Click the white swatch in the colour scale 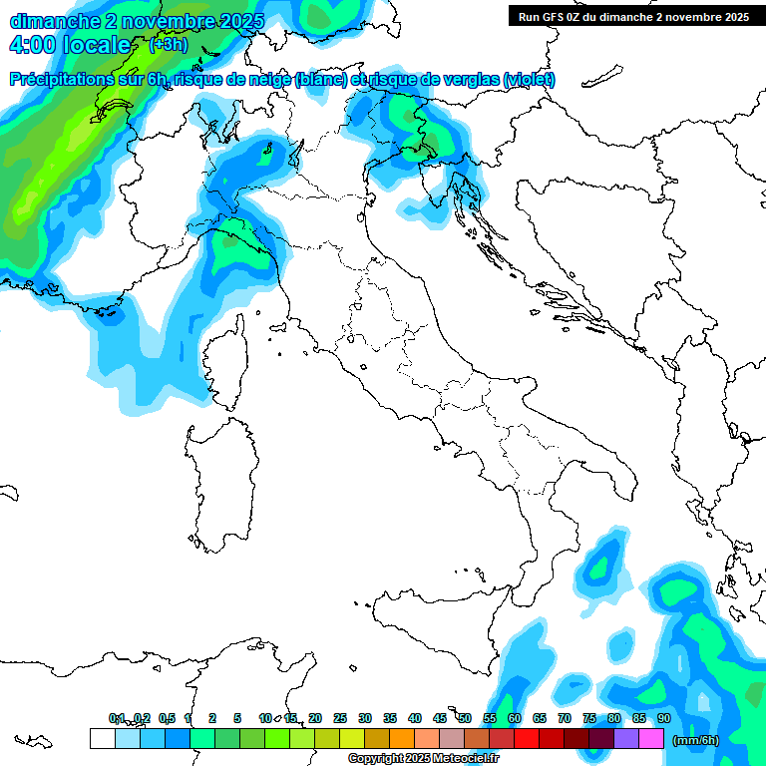pyautogui.click(x=102, y=738)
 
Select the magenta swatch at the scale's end pyautogui.click(x=651, y=738)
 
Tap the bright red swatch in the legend pyautogui.click(x=527, y=738)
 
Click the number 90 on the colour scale pyautogui.click(x=663, y=718)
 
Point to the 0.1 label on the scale pyautogui.click(x=117, y=718)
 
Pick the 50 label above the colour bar pyautogui.click(x=464, y=718)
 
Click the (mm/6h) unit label pyautogui.click(x=696, y=740)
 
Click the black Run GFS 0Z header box pyautogui.click(x=634, y=17)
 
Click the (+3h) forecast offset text pyautogui.click(x=168, y=44)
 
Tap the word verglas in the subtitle pyautogui.click(x=471, y=80)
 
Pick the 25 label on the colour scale pyautogui.click(x=340, y=718)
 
